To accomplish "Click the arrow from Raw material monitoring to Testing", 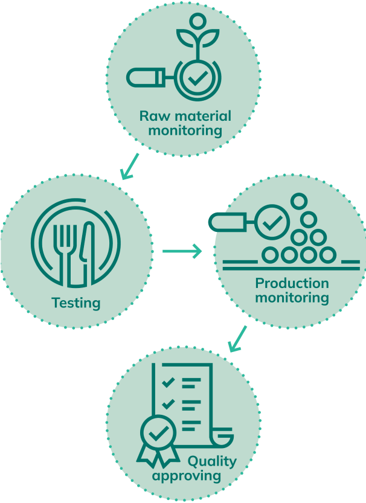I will pos(130,166).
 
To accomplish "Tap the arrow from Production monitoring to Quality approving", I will pos(238,339).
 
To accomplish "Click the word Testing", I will pos(75,303).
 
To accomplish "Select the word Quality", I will pos(211,462).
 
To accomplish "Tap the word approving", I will pos(187,476).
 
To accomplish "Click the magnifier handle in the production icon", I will pos(228,222).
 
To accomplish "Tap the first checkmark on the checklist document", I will pos(168,382).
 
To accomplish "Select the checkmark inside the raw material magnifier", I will pos(196,78).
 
